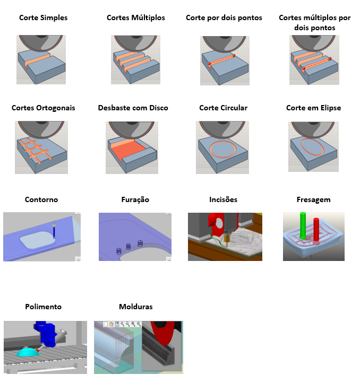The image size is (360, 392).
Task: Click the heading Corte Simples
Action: point(43,18)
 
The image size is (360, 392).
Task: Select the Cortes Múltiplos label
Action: point(135,18)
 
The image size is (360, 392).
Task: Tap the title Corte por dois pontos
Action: point(224,18)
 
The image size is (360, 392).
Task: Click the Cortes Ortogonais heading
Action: point(43,108)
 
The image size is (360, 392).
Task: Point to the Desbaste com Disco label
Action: point(133,108)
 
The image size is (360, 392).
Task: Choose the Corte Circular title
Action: point(223,108)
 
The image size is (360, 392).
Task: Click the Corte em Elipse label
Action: point(313,108)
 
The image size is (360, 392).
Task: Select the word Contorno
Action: point(41,199)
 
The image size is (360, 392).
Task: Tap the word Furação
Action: point(135,199)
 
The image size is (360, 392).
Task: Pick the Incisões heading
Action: point(223,199)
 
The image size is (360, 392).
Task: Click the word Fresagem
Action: point(313,199)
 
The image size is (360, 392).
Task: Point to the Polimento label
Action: point(43,307)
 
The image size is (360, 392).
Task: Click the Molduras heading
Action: point(135,307)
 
